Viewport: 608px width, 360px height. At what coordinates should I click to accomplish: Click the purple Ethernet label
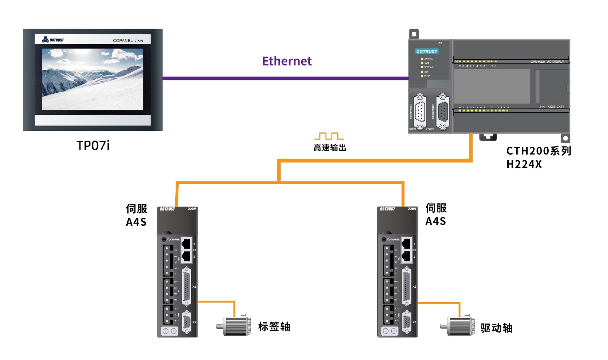click(x=287, y=61)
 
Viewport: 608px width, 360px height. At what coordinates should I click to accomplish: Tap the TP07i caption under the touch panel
click(x=93, y=146)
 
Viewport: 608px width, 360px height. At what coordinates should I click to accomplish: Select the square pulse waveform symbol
click(x=329, y=136)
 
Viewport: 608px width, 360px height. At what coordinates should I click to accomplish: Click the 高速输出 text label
click(x=330, y=148)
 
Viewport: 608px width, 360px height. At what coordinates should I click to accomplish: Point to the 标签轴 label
click(x=274, y=327)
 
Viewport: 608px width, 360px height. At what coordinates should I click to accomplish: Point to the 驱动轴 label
click(x=497, y=328)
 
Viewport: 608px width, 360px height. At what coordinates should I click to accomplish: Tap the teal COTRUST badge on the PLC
click(x=427, y=51)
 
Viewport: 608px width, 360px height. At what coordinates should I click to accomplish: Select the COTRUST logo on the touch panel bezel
click(x=53, y=40)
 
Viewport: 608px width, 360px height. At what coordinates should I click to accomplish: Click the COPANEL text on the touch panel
click(x=123, y=40)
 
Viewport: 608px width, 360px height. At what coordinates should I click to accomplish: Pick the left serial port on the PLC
click(x=420, y=112)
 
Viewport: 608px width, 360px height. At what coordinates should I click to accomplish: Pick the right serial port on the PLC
click(x=443, y=112)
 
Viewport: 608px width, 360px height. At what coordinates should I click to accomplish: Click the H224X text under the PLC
click(x=524, y=164)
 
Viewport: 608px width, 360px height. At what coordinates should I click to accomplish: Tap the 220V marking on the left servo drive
click(x=192, y=209)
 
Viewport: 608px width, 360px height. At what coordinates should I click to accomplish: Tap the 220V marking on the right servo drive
click(x=412, y=209)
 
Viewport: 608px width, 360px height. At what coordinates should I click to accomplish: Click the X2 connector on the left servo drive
click(x=187, y=287)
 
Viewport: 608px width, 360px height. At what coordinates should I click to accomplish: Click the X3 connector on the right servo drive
click(x=406, y=322)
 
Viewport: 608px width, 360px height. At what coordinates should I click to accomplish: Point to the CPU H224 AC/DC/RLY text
click(x=547, y=62)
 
